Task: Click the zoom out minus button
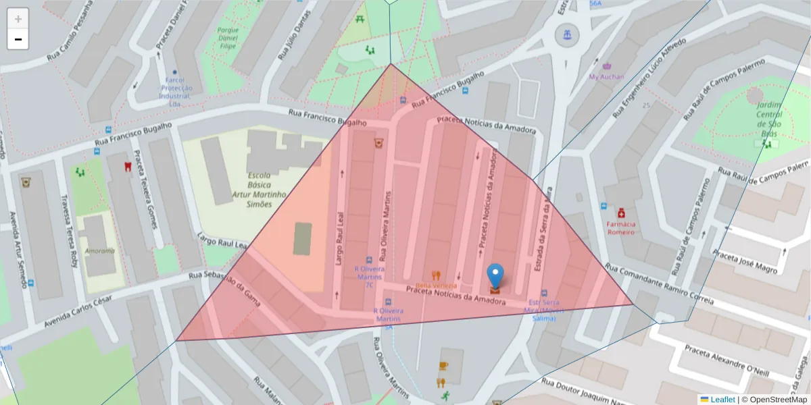18,39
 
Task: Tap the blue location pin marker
495,275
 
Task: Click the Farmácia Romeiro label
620,227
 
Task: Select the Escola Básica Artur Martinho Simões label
260,189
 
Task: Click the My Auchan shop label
606,77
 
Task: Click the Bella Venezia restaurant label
436,286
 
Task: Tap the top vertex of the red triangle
391,64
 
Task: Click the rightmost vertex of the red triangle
633,304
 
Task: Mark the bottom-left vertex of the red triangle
176,340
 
